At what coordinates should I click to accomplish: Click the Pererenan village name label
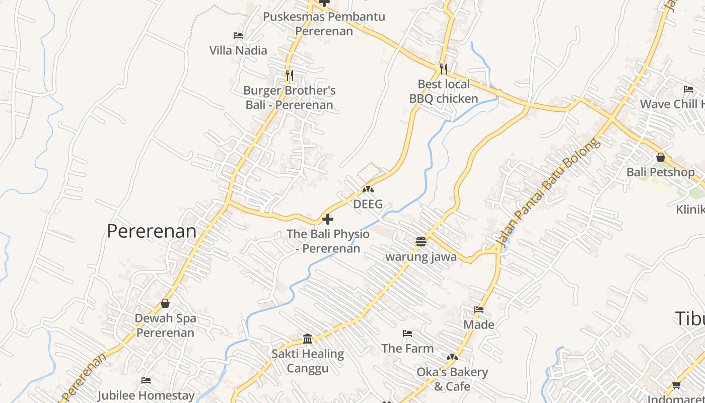pyautogui.click(x=152, y=231)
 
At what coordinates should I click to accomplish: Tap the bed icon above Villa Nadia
pyautogui.click(x=238, y=36)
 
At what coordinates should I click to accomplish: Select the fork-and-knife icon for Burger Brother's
pyautogui.click(x=289, y=76)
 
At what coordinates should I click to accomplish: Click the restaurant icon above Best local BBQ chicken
pyautogui.click(x=443, y=69)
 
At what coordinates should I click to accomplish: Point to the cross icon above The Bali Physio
pyautogui.click(x=328, y=219)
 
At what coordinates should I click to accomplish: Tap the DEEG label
pyautogui.click(x=368, y=204)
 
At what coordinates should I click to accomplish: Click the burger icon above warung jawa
pyautogui.click(x=421, y=242)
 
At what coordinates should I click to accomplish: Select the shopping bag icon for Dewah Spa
pyautogui.click(x=165, y=303)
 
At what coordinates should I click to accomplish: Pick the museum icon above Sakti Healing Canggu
pyautogui.click(x=308, y=339)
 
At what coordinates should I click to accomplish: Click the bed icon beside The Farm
pyautogui.click(x=407, y=333)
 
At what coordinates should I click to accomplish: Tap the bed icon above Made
pyautogui.click(x=479, y=310)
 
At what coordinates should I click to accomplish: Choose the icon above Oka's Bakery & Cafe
pyautogui.click(x=452, y=357)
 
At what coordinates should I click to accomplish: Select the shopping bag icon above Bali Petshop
pyautogui.click(x=661, y=158)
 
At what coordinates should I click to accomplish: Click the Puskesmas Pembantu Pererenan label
pyautogui.click(x=324, y=24)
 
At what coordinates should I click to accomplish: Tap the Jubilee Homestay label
pyautogui.click(x=146, y=395)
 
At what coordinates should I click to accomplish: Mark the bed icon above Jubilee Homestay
pyautogui.click(x=146, y=380)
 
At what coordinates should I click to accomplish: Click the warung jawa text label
pyautogui.click(x=421, y=257)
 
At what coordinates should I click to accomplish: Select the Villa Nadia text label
pyautogui.click(x=238, y=50)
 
